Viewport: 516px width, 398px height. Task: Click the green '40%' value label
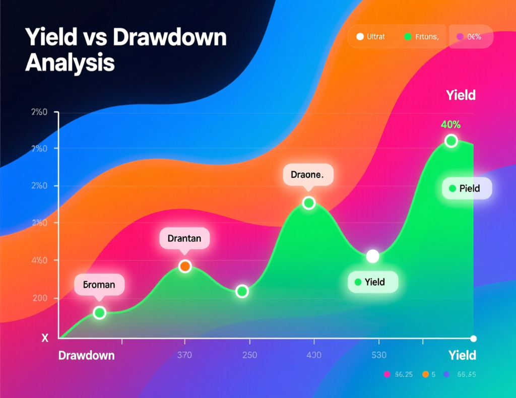click(450, 124)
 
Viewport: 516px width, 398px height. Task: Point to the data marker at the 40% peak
click(451, 141)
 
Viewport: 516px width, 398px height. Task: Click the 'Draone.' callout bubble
click(308, 175)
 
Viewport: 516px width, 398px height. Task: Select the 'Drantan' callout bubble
click(184, 239)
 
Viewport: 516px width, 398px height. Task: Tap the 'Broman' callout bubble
click(99, 285)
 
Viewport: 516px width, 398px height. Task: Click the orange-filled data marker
click(185, 266)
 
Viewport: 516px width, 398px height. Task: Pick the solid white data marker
click(372, 256)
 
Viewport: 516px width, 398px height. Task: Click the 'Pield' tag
click(467, 188)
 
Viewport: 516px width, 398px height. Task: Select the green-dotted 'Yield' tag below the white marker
click(373, 282)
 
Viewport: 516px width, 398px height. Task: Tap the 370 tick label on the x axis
click(185, 355)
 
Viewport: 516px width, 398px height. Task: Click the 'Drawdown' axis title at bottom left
click(86, 355)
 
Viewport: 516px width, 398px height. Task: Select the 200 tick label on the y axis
click(39, 298)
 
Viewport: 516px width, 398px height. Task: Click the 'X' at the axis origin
click(45, 339)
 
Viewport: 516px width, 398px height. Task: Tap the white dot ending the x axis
click(473, 338)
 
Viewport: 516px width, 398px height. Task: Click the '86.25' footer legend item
click(400, 374)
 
